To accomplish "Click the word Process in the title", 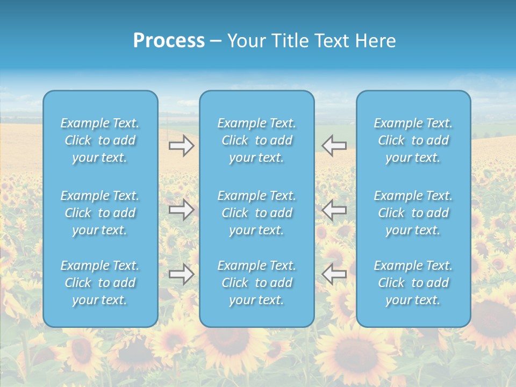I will [x=169, y=41].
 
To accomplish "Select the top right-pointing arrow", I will [x=182, y=146].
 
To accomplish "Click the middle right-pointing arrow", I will [x=182, y=210].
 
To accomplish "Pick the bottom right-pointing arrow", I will [x=182, y=274].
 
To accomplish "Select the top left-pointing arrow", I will [x=334, y=146].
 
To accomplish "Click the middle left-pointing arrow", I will [x=334, y=210].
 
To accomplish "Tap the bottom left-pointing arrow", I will [x=334, y=274].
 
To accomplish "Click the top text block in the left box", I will [x=100, y=140].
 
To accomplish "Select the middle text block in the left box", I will [x=100, y=213].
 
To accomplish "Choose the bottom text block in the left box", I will [x=100, y=283].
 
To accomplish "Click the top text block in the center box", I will [x=256, y=140].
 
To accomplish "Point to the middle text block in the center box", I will [x=256, y=213].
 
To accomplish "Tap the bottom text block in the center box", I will [x=256, y=283].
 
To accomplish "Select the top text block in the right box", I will [x=413, y=140].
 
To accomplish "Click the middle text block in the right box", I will [x=413, y=213].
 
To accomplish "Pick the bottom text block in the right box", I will [x=413, y=283].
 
